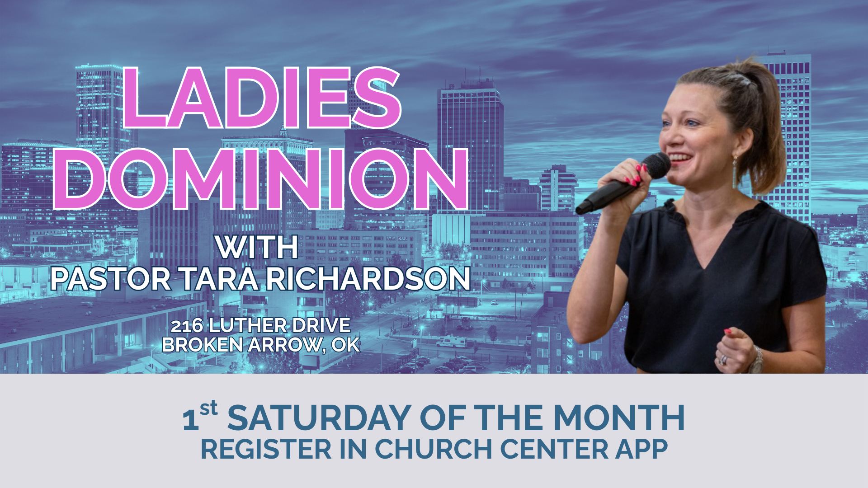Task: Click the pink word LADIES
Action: (x=261, y=98)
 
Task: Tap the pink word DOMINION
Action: (x=261, y=179)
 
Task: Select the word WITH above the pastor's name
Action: (x=257, y=247)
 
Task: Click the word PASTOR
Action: (x=111, y=279)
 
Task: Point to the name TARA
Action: (x=219, y=279)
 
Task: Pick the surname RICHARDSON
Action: (x=368, y=279)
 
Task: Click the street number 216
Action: (x=186, y=325)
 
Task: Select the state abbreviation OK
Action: (x=346, y=345)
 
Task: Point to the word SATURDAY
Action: (x=320, y=418)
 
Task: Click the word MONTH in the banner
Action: (x=619, y=418)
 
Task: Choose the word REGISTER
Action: (x=266, y=449)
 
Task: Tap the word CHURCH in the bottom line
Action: (x=434, y=449)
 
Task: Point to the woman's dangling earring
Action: (x=735, y=169)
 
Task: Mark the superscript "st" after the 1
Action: (x=208, y=408)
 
